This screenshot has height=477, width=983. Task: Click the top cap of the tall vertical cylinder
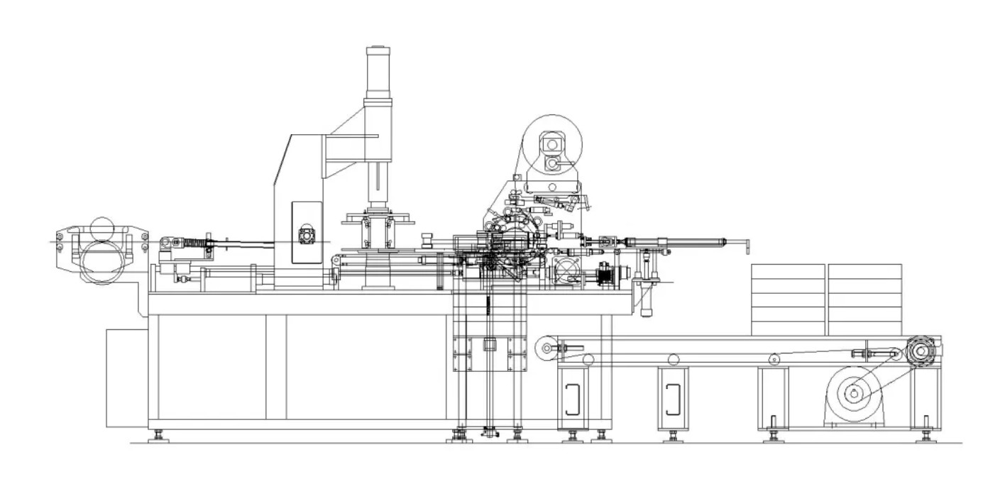coord(378,50)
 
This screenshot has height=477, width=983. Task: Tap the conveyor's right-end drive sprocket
coord(922,351)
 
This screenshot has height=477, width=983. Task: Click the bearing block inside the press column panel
coord(306,234)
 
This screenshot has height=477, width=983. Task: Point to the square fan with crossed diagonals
coord(568,270)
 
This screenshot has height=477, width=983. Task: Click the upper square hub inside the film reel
coord(550,144)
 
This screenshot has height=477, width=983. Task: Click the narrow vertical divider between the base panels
coord(276,366)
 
